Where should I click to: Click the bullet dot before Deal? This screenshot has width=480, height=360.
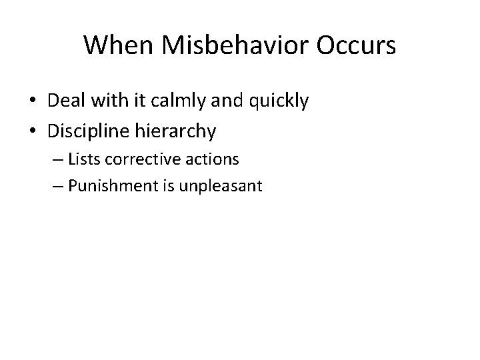[33, 101]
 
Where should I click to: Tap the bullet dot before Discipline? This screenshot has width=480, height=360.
[33, 132]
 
